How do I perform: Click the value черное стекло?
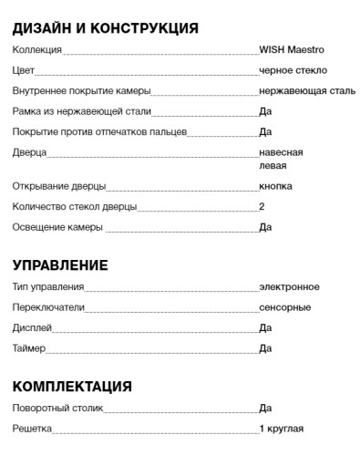(293, 70)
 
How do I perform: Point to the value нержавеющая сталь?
(307, 91)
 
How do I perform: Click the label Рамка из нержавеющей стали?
(82, 112)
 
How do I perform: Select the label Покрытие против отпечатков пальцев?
(99, 132)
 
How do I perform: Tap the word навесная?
(281, 152)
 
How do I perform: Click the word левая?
(273, 166)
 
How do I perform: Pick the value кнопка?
(275, 186)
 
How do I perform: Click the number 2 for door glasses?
(262, 206)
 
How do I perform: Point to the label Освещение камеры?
(57, 227)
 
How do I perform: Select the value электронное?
(289, 287)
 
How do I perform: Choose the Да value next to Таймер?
(265, 348)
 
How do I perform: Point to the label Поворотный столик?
(59, 409)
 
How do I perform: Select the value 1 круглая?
(281, 429)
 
